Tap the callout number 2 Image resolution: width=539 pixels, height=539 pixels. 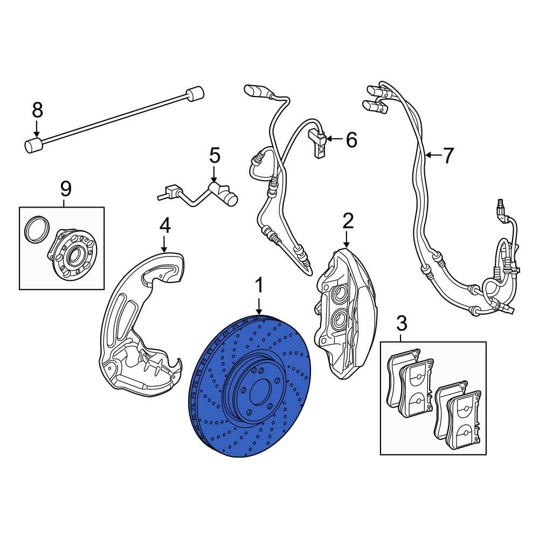pyautogui.click(x=348, y=220)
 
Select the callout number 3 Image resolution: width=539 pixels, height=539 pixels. pyautogui.click(x=401, y=324)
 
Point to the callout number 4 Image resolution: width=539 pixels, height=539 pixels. pyautogui.click(x=165, y=225)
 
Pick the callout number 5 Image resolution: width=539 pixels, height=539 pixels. pyautogui.click(x=215, y=156)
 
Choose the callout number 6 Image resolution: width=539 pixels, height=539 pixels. pyautogui.click(x=351, y=140)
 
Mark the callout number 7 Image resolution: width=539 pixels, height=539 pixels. pyautogui.click(x=448, y=156)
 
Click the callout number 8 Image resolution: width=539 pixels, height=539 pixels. pyautogui.click(x=37, y=110)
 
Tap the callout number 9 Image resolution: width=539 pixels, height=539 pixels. pyautogui.click(x=65, y=189)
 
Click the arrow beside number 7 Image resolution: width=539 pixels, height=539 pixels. pyautogui.click(x=432, y=156)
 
